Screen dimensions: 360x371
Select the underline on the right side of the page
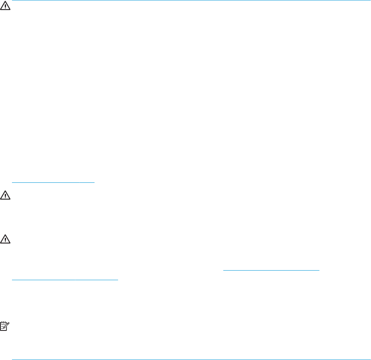(272, 269)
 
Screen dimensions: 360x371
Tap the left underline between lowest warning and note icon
(65, 279)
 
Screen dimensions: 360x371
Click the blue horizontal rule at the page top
(191, 1)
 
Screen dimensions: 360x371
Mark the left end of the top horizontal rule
(12, 1)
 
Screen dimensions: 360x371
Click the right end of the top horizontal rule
(370, 1)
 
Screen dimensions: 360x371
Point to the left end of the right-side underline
(223, 269)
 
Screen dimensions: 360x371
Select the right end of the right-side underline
(320, 269)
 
